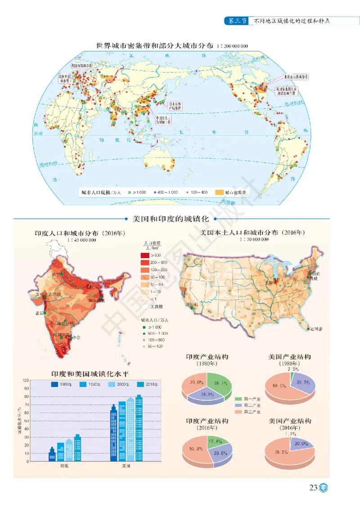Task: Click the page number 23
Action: click(x=313, y=488)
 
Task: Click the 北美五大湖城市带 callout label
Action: click(x=286, y=77)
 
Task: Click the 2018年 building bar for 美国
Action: click(x=139, y=427)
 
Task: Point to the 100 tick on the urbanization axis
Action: click(x=26, y=381)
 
